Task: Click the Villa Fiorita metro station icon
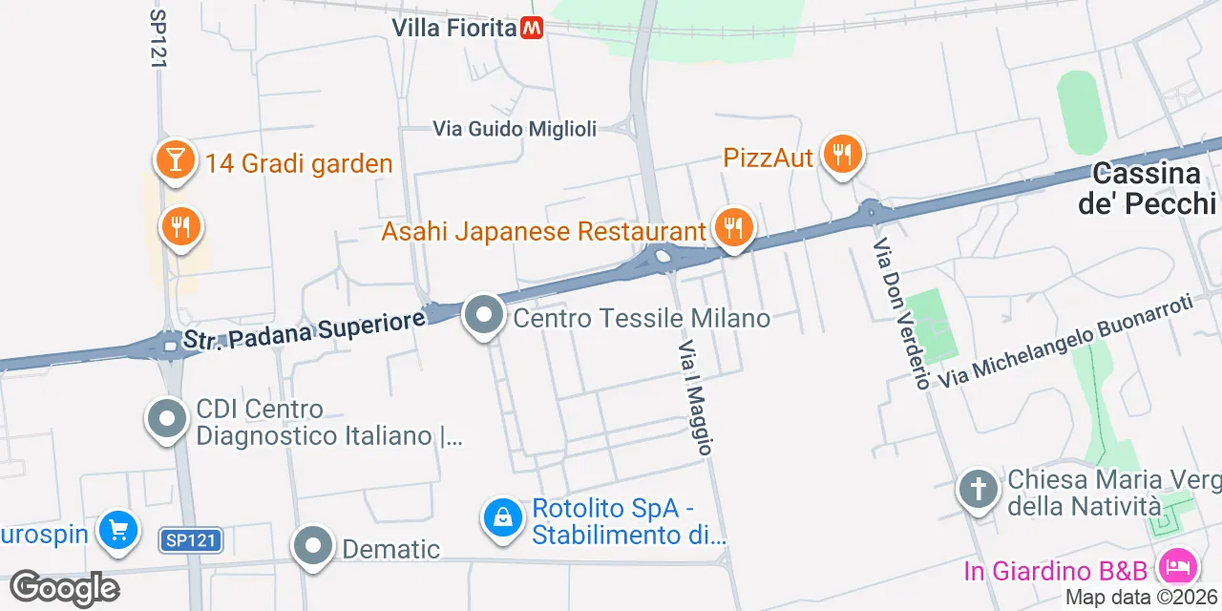pyautogui.click(x=532, y=28)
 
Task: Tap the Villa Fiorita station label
pyautogui.click(x=453, y=28)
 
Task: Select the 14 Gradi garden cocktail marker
pyautogui.click(x=175, y=159)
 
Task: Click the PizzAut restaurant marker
pyautogui.click(x=841, y=153)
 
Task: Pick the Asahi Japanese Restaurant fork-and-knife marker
pyautogui.click(x=732, y=228)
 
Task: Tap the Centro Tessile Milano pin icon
pyautogui.click(x=484, y=315)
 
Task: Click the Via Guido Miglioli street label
pyautogui.click(x=515, y=128)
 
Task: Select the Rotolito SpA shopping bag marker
pyautogui.click(x=502, y=518)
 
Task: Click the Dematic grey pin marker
pyautogui.click(x=313, y=546)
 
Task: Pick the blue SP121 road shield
pyautogui.click(x=190, y=540)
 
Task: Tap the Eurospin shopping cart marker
pyautogui.click(x=118, y=531)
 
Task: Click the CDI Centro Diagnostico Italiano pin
pyautogui.click(x=168, y=419)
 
